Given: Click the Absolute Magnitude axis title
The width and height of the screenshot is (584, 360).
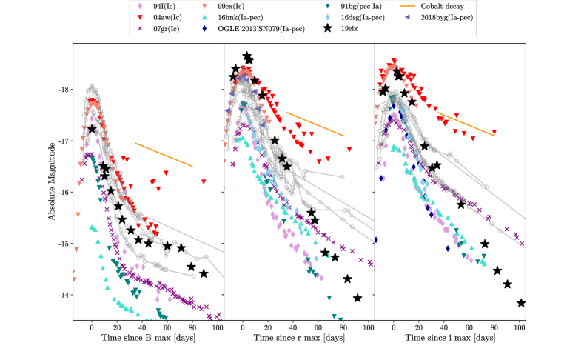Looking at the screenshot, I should point(52,182).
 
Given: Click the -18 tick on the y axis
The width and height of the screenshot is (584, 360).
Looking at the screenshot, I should point(62,90).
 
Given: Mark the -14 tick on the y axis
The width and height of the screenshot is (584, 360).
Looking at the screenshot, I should point(62,295).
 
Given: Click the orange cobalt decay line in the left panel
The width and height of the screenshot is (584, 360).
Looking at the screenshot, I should point(164,155).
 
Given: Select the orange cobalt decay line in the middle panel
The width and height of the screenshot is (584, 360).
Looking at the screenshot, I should point(315,124).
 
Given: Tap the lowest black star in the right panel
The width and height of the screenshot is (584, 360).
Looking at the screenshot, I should point(520,302).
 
